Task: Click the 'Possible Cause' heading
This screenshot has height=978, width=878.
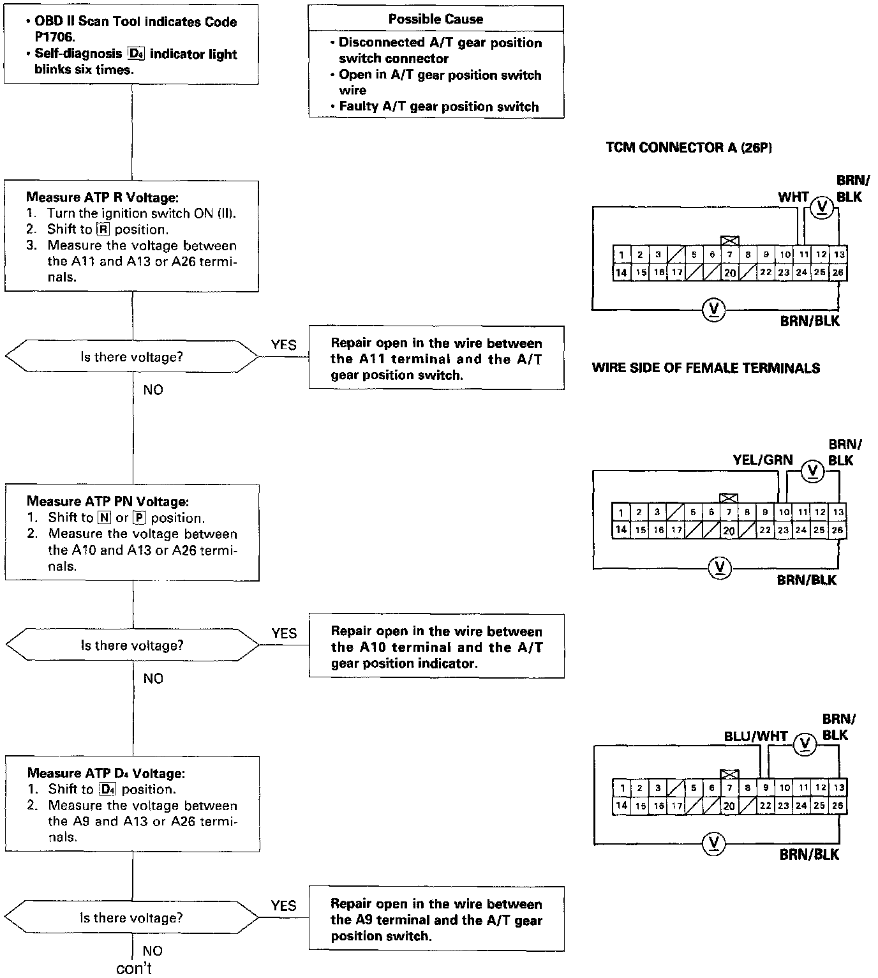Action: click(x=436, y=19)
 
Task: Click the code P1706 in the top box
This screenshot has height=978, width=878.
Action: click(x=55, y=38)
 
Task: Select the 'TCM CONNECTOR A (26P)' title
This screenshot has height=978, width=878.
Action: click(x=688, y=147)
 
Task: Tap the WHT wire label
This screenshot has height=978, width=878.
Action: click(x=793, y=197)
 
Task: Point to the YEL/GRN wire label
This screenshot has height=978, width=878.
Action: click(x=763, y=460)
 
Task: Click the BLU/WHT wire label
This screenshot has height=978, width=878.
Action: click(x=755, y=736)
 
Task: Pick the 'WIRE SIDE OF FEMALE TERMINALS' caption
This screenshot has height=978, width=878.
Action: click(x=706, y=368)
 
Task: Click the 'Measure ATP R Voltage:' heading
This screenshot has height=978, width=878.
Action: click(x=102, y=197)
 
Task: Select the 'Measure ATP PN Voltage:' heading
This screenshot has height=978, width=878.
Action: click(x=107, y=502)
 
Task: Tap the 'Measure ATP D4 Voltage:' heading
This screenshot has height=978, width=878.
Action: click(x=106, y=774)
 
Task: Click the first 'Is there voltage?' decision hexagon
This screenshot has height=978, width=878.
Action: click(x=131, y=357)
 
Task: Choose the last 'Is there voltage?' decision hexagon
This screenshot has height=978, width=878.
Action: click(x=131, y=918)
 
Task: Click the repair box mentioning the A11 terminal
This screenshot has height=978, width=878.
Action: click(x=436, y=359)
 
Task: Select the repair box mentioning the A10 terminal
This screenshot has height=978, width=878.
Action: click(x=436, y=647)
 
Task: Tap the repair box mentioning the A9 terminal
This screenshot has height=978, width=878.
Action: click(x=436, y=920)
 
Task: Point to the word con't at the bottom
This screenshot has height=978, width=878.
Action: click(x=134, y=968)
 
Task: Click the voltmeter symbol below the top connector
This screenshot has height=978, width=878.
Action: click(x=713, y=310)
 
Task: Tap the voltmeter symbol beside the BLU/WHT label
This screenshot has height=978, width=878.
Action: click(x=805, y=744)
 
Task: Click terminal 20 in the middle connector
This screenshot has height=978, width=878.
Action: click(x=729, y=530)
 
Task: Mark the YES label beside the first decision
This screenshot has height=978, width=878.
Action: click(x=283, y=345)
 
